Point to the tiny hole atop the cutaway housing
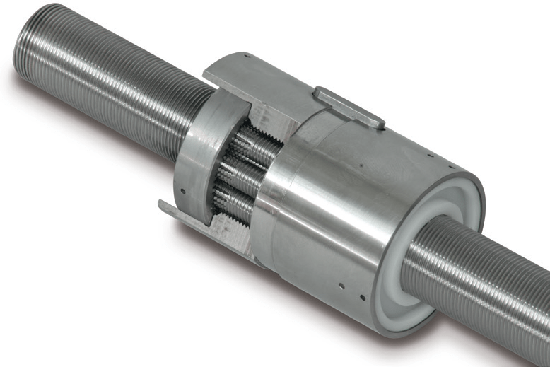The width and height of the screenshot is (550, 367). coord(244,55)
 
